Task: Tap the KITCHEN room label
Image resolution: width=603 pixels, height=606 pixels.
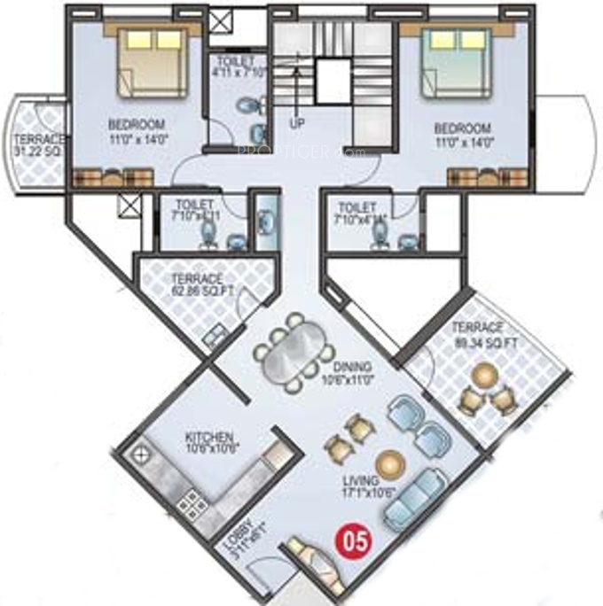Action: pos(209,442)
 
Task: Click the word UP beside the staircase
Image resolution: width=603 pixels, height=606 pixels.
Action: pos(296,123)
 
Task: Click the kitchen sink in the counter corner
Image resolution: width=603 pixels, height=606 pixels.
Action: pos(139,456)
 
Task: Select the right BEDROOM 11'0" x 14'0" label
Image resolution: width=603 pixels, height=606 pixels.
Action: pos(462,134)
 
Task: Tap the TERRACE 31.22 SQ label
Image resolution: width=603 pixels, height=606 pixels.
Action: pos(37,146)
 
